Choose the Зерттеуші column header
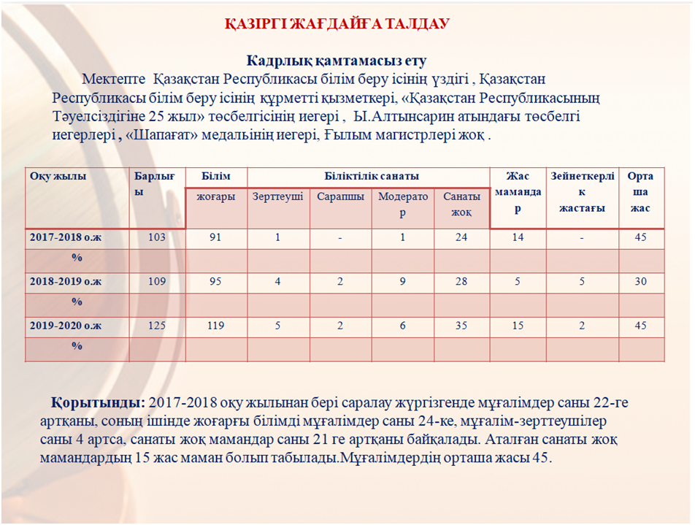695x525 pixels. click(x=277, y=197)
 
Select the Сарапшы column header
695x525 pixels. click(x=340, y=197)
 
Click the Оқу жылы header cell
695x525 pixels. click(x=58, y=177)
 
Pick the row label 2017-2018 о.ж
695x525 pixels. click(x=66, y=238)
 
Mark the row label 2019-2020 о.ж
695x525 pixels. click(x=66, y=326)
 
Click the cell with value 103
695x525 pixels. click(x=157, y=238)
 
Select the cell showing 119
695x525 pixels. click(x=215, y=326)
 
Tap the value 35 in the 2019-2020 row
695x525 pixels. click(x=461, y=326)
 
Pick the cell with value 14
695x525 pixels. click(x=518, y=238)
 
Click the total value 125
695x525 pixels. click(x=157, y=326)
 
